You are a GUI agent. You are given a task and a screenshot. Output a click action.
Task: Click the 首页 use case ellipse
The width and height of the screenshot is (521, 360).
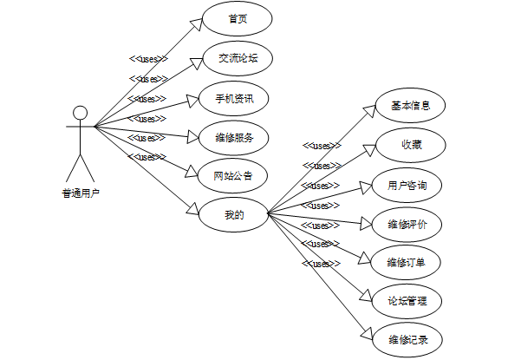tap(238, 18)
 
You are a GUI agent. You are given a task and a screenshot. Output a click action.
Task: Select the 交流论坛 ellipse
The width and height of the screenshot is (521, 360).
tap(238, 58)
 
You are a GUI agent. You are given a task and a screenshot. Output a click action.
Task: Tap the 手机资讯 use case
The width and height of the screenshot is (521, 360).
tap(234, 98)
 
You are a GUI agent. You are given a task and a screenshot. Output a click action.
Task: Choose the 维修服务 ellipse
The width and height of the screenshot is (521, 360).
tap(234, 137)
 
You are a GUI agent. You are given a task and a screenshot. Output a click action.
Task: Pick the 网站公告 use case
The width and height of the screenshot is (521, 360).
tap(234, 176)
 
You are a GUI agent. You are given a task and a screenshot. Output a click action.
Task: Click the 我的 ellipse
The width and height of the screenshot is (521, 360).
tap(234, 213)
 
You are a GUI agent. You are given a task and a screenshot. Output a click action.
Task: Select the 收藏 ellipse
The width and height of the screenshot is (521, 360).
tap(410, 145)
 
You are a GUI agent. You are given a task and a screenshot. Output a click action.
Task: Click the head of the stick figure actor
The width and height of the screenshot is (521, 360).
tap(80, 113)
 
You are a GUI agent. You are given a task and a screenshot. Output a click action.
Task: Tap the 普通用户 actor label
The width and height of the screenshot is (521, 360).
tap(80, 193)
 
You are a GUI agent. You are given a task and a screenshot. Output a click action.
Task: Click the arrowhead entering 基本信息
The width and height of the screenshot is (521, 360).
tap(369, 113)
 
